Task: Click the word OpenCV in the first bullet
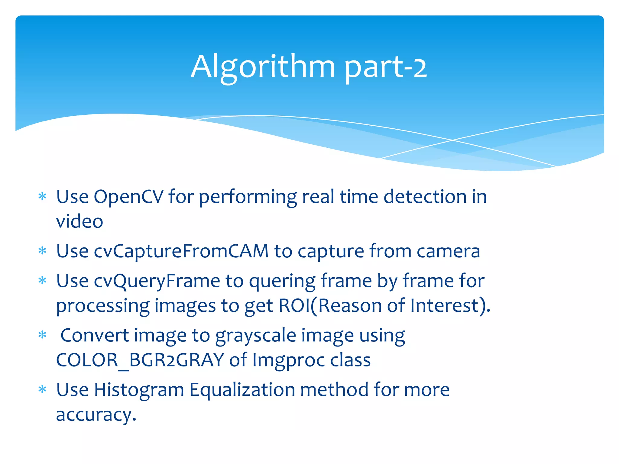click(128, 197)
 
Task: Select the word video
click(79, 221)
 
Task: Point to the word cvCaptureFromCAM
click(181, 251)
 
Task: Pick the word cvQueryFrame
click(157, 281)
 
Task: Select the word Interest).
click(450, 306)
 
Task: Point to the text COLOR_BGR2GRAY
click(140, 360)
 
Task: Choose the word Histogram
click(139, 390)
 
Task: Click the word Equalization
click(242, 390)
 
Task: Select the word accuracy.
click(96, 415)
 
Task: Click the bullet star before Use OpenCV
click(43, 197)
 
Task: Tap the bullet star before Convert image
click(43, 335)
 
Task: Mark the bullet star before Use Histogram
click(43, 389)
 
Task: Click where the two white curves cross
click(452, 140)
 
